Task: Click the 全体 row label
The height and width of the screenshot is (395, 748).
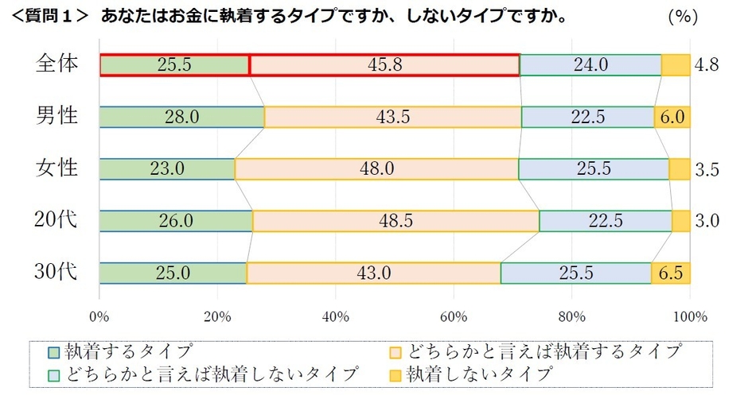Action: (x=58, y=64)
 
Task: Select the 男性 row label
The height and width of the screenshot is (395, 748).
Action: (x=58, y=116)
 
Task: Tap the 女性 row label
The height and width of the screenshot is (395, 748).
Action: (x=58, y=168)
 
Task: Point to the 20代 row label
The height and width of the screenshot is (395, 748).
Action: (x=58, y=220)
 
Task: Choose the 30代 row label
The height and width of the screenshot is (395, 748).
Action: (x=58, y=273)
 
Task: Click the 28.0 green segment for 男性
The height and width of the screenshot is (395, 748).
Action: (x=181, y=117)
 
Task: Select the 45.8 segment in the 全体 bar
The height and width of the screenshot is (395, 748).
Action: (x=384, y=65)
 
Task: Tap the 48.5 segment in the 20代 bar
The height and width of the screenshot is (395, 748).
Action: (x=395, y=221)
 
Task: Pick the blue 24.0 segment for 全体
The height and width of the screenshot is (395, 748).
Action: (x=590, y=65)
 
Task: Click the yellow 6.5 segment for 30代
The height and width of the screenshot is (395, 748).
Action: (x=671, y=273)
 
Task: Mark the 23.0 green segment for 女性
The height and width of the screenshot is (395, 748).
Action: (x=167, y=169)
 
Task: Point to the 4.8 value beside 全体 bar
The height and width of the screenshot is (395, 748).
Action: (x=706, y=65)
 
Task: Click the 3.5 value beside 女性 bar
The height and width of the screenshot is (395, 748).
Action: (x=706, y=169)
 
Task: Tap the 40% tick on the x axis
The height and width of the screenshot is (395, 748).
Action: (x=336, y=316)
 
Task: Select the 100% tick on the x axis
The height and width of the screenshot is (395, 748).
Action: (x=690, y=316)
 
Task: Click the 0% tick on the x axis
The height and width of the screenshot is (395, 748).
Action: (x=99, y=316)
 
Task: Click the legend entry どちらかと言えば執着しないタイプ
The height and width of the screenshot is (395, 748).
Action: (x=203, y=373)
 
